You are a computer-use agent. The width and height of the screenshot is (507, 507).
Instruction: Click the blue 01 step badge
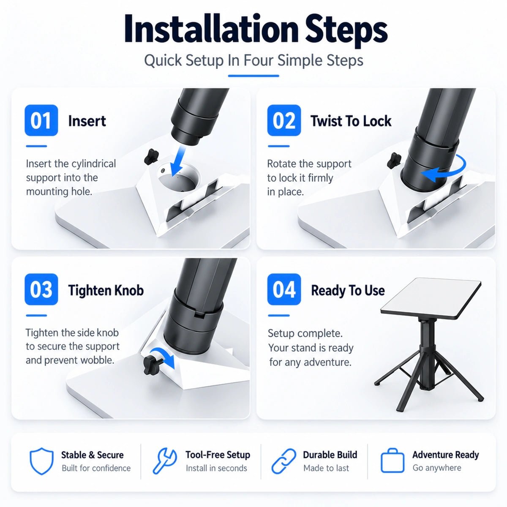(x=41, y=120)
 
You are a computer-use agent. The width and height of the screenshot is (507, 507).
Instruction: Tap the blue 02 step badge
(x=284, y=120)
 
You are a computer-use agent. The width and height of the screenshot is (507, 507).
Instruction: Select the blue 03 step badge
(x=41, y=289)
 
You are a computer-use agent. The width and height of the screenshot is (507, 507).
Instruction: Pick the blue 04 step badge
(x=284, y=289)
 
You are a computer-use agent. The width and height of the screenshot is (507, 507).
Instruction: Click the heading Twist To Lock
(x=351, y=121)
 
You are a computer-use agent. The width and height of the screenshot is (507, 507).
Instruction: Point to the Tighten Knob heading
(x=106, y=290)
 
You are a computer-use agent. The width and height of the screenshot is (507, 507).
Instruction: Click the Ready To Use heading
(x=348, y=290)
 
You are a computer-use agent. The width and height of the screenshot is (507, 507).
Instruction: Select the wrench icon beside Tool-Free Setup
(x=164, y=461)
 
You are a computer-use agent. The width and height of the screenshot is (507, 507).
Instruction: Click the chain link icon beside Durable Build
(x=283, y=461)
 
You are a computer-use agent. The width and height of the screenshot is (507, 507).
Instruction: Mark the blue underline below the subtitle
(x=253, y=76)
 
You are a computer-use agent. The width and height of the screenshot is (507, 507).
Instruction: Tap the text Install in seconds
(x=216, y=468)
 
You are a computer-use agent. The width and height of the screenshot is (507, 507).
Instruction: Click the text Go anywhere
(x=437, y=468)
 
